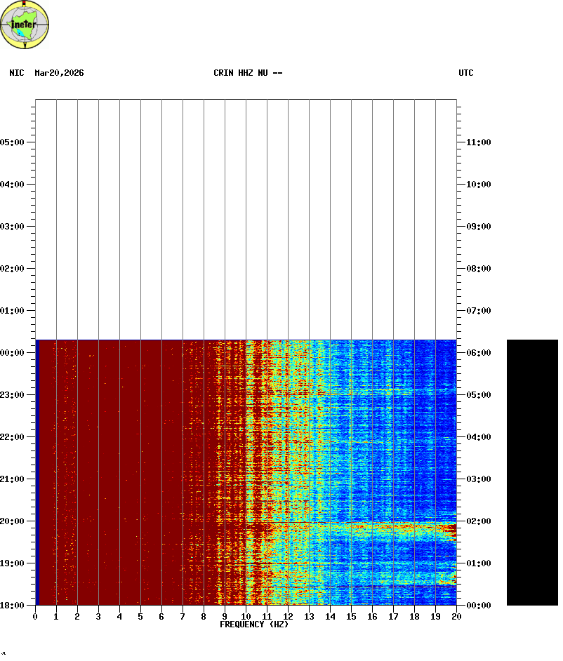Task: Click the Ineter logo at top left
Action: (25, 25)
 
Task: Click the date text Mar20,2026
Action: (59, 73)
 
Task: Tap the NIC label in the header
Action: (16, 73)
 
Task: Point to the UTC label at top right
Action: (466, 73)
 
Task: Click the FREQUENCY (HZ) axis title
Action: (254, 625)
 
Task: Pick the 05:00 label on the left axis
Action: (12, 142)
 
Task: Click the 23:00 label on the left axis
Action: (12, 395)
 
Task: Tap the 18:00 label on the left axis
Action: (12, 606)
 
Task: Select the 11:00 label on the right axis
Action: (479, 142)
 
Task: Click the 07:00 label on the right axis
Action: (479, 311)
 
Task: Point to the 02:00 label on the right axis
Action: (479, 521)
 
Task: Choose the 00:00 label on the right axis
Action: (479, 606)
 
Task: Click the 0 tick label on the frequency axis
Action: (35, 617)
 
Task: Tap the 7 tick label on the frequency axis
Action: (183, 617)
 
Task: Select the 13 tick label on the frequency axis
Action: (309, 617)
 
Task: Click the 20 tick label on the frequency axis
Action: (456, 617)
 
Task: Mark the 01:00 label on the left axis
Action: (12, 311)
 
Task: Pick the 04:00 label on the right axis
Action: (479, 437)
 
